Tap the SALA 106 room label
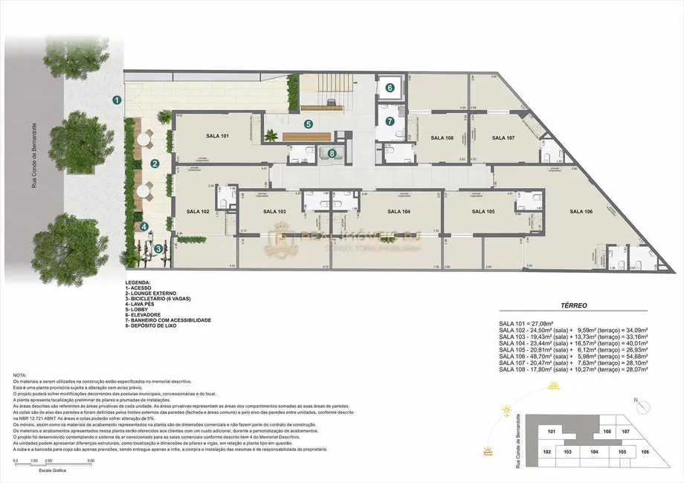(581, 211)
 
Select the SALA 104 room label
(399, 211)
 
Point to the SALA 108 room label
(442, 137)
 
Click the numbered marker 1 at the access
(117, 99)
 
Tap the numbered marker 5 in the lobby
(308, 124)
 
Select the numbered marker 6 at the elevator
(390, 87)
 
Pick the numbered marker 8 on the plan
(332, 154)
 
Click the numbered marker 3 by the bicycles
(158, 248)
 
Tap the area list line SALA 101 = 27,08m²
(529, 323)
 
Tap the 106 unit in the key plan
(645, 452)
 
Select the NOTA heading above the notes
(20, 375)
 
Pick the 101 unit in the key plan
(551, 431)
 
